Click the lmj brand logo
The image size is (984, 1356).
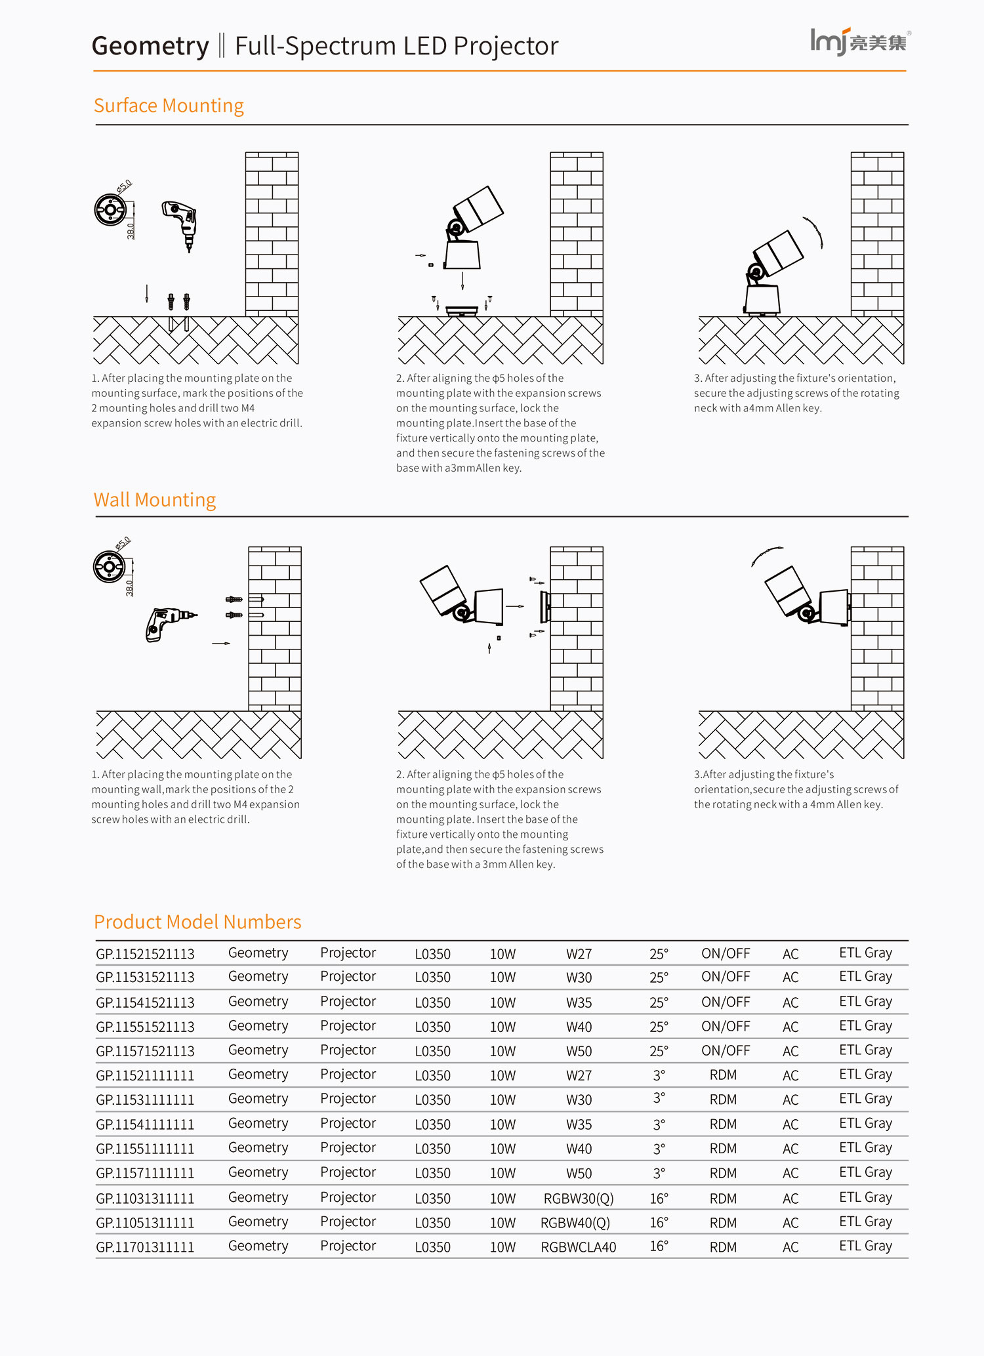859,41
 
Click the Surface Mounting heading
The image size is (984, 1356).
169,106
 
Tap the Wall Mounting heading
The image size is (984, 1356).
154,500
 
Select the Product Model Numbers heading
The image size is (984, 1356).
197,922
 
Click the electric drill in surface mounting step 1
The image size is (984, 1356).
181,223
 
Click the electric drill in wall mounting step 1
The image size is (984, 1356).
168,622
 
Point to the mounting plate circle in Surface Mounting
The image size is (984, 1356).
110,210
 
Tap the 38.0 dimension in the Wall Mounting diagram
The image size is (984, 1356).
129,588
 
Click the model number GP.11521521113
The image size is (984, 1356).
145,954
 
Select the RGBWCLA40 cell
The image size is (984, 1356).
578,1247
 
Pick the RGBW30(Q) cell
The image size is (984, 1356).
578,1199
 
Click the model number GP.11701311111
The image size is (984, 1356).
145,1247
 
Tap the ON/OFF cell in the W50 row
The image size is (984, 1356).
725,1051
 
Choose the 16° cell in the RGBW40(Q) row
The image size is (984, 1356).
659,1223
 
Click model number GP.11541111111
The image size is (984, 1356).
145,1124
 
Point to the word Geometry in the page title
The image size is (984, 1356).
150,46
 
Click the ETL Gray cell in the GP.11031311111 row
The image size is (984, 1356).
865,1198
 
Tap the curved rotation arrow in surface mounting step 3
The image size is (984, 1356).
814,232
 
